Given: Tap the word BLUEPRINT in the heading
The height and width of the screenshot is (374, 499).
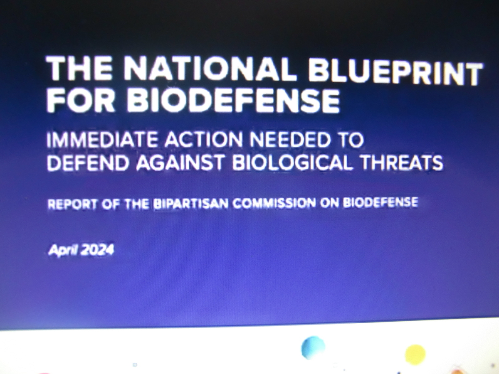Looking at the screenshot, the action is [395, 72].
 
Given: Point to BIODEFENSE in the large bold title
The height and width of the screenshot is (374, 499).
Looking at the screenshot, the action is [233, 101].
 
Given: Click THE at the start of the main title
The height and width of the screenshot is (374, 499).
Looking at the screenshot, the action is [79, 68].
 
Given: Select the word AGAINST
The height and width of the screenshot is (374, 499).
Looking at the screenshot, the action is [180, 163].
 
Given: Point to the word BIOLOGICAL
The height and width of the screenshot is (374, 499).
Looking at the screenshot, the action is [292, 162].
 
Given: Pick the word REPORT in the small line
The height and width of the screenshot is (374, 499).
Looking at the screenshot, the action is [72, 204].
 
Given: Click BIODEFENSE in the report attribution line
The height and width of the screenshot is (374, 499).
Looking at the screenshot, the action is [380, 202].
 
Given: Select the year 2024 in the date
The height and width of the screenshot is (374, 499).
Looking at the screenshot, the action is [97, 250].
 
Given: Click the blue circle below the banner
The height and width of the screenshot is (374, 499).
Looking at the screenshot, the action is [313, 348].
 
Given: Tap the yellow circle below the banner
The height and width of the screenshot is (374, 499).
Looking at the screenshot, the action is [415, 355].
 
